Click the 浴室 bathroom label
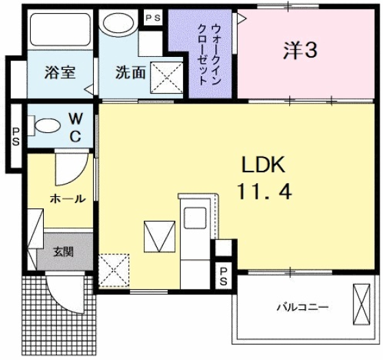point(60,72)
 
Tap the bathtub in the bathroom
point(60,32)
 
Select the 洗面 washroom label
point(129,72)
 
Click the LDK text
point(261,164)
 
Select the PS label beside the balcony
point(224,276)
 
